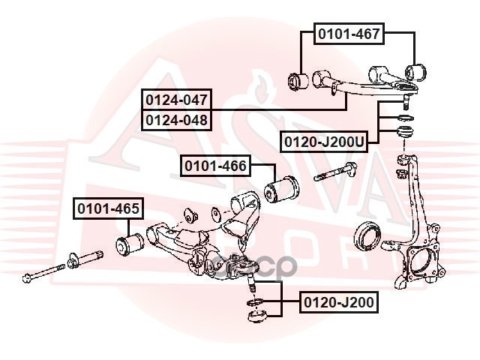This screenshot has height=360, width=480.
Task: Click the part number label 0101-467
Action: coord(349,34)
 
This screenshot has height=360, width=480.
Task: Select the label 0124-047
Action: coord(176,100)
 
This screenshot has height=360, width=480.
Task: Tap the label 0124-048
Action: coord(176,120)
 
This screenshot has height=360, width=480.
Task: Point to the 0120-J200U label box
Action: coord(324,142)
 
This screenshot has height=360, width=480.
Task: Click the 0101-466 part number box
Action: coord(215,166)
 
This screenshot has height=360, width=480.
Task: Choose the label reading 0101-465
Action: coord(108,208)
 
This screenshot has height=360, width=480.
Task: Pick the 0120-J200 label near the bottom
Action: coord(339,302)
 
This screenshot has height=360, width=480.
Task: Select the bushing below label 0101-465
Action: coord(130,244)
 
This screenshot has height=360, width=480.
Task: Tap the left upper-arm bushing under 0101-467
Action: coord(298,82)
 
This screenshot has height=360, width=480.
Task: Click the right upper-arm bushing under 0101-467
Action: coord(415,73)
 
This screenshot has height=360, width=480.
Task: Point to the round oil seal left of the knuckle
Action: coord(367,236)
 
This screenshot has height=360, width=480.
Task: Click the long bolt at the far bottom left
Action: coord(43,272)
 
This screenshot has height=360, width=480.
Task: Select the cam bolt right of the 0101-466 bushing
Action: coord(335,172)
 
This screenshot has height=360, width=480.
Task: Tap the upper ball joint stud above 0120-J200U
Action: coord(406,102)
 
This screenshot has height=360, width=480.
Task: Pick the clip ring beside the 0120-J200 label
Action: coord(255,302)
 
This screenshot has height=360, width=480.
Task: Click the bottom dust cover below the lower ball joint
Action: coord(257,316)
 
